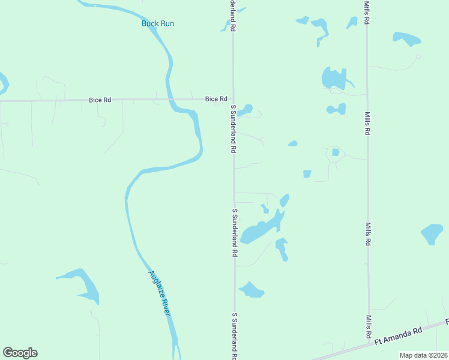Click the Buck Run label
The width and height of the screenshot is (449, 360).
(x=158, y=23)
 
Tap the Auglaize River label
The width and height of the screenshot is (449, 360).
(x=160, y=293)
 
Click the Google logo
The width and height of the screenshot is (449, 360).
(x=20, y=353)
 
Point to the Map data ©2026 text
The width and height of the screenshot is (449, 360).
(x=423, y=355)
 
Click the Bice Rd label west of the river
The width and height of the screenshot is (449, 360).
(x=100, y=100)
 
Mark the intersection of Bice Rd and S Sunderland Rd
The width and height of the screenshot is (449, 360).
(x=234, y=99)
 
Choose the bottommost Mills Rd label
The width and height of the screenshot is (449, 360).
(x=369, y=325)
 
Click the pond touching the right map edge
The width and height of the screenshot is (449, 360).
(x=432, y=233)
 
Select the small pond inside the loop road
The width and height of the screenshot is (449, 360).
(x=336, y=152)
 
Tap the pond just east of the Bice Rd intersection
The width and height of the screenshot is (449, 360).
(x=245, y=110)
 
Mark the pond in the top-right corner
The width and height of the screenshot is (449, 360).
(x=407, y=39)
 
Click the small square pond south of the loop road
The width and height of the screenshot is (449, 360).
(x=307, y=174)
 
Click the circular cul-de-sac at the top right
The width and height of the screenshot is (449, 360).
(x=418, y=56)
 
